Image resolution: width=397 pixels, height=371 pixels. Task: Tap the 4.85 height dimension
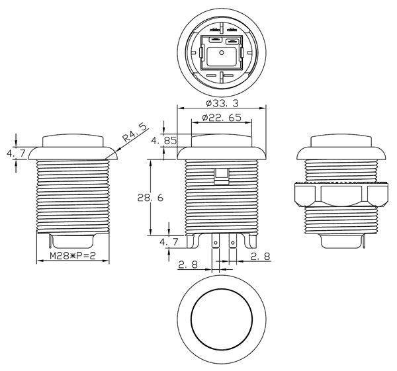162,141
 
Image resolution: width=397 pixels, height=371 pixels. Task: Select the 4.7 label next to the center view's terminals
169,243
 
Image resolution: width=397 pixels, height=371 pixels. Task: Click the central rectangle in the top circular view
222,56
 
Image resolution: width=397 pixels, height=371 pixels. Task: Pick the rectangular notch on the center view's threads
222,175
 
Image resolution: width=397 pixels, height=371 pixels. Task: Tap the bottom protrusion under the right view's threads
339,241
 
